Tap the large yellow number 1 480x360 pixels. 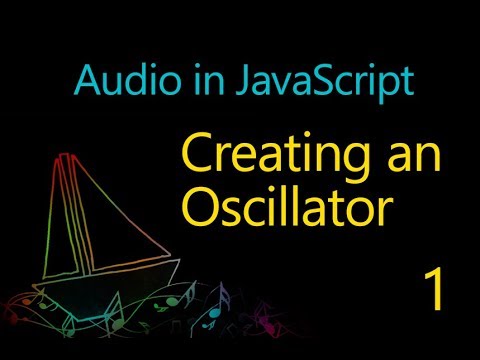433,290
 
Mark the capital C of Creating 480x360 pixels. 196,154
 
